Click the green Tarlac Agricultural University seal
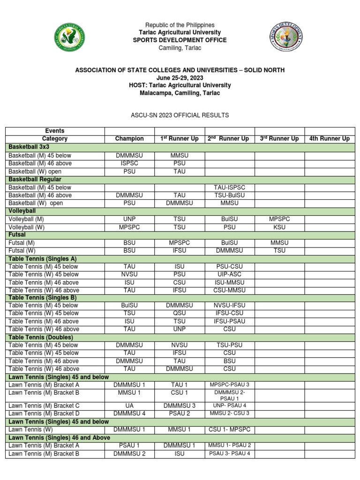tap(69, 38)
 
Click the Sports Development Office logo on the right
tap(286, 38)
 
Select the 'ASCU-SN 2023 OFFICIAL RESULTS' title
tap(180, 115)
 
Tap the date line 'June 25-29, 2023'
tap(180, 78)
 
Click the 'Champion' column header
tap(129, 139)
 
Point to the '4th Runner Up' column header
tap(330, 139)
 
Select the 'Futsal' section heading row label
tap(17, 234)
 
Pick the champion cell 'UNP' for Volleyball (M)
tap(129, 219)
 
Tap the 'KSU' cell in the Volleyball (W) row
tap(279, 227)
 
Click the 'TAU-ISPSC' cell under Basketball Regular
tap(229, 187)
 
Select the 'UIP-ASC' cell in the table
tap(229, 274)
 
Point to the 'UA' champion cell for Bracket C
tap(129, 405)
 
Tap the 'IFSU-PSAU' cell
tap(229, 321)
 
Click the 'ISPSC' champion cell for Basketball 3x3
tap(129, 164)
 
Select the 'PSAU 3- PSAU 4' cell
tap(229, 453)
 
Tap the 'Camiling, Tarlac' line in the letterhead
tap(180, 48)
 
